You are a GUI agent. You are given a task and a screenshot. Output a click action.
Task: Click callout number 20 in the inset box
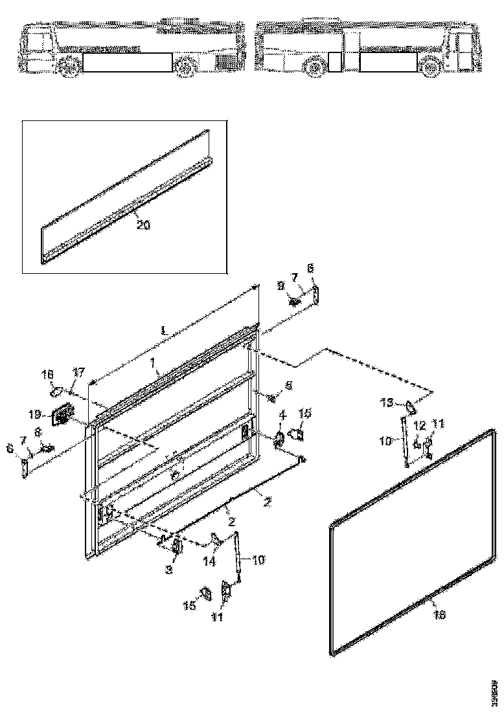[x=143, y=225]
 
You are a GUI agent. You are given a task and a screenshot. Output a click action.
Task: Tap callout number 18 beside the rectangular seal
[x=439, y=616]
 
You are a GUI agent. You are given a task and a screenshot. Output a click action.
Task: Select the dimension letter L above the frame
[x=165, y=331]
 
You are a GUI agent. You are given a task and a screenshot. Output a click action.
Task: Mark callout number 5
[x=288, y=385]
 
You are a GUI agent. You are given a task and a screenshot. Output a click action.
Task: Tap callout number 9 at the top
[x=281, y=285]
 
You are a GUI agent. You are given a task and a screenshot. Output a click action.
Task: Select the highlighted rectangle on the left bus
[x=128, y=62]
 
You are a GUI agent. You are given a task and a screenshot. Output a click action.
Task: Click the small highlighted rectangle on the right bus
[x=334, y=62]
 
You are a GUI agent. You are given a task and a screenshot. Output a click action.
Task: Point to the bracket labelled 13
[x=409, y=406]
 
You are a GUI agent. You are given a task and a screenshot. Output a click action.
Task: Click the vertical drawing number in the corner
[x=494, y=689]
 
